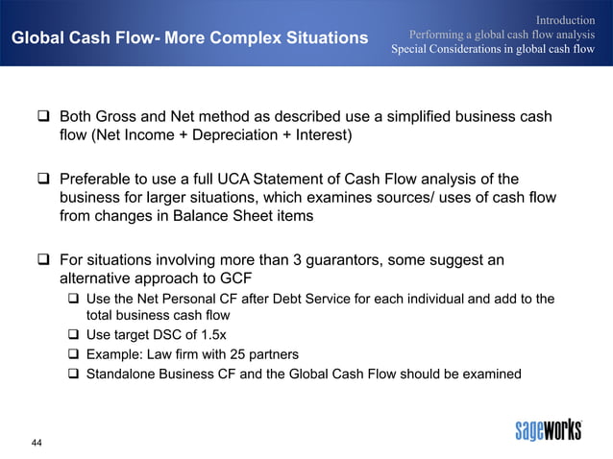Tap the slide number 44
(x=37, y=442)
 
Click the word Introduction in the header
(x=565, y=19)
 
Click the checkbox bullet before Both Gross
(x=43, y=117)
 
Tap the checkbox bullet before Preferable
(x=43, y=179)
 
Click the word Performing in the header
(x=440, y=35)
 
